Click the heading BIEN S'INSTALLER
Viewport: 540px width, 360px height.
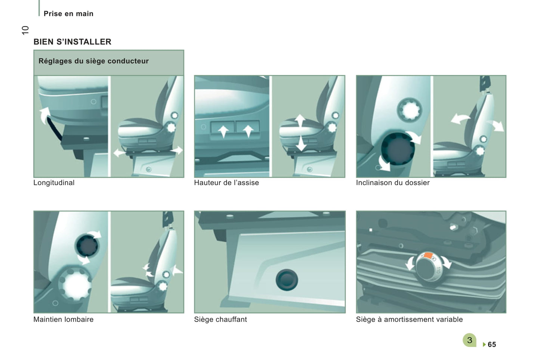[x=72, y=42]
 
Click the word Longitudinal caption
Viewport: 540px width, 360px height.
[x=54, y=183]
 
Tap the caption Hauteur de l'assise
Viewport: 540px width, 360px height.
[x=226, y=183]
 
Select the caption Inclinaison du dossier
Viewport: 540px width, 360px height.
[x=393, y=183]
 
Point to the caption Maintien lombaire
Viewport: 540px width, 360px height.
[x=64, y=319]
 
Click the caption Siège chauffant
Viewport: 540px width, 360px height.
[x=220, y=319]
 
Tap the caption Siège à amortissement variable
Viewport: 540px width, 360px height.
[x=409, y=319]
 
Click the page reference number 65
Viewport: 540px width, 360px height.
[x=492, y=344]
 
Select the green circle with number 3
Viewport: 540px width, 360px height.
[x=469, y=340]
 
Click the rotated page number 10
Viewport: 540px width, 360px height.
[x=25, y=30]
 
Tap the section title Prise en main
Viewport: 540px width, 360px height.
[x=68, y=13]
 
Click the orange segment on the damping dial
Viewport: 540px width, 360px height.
[x=428, y=255]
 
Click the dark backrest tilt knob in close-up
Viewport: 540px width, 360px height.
[x=398, y=148]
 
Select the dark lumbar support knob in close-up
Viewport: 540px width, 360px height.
[x=87, y=245]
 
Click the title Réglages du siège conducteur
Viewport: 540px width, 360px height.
[x=93, y=61]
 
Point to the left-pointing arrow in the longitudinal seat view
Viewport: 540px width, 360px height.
[x=120, y=153]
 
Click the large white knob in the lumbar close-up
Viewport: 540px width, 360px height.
[x=75, y=284]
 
